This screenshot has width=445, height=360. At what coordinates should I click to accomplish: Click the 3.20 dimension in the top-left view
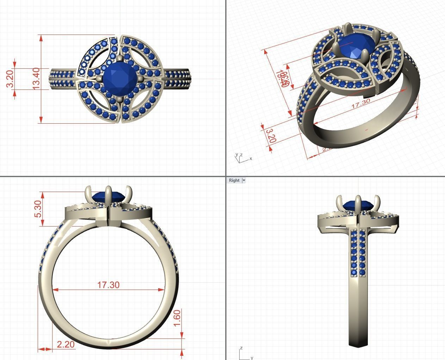pos(10,79)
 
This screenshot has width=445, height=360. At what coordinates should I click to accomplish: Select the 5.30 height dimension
pos(38,209)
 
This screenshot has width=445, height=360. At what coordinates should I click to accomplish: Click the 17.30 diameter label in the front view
pos(108,285)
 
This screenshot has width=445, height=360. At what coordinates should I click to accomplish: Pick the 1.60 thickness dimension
pos(177,318)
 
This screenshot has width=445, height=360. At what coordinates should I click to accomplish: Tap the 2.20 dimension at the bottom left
pos(66,344)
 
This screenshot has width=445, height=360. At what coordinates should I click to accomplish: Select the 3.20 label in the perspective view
pos(270,136)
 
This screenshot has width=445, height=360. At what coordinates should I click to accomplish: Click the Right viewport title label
pos(234,180)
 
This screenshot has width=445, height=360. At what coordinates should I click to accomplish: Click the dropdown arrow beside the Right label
pos(244,180)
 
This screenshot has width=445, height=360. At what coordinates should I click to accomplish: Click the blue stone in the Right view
pos(358,206)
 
